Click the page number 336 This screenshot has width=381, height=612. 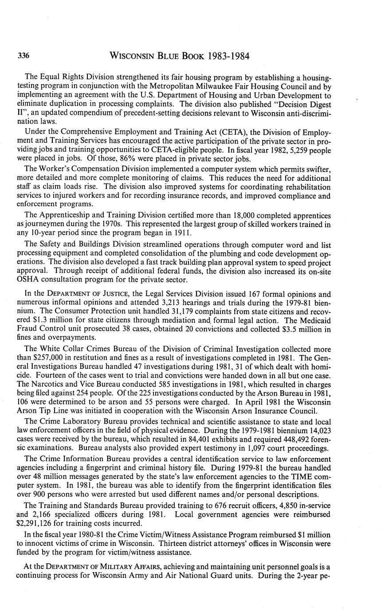pyautogui.click(x=24, y=56)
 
